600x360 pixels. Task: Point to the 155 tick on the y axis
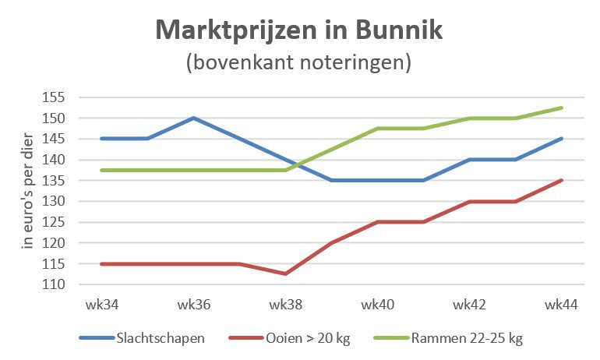point(55,98)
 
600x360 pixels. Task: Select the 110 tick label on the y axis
point(55,284)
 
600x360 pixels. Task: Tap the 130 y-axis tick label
point(55,201)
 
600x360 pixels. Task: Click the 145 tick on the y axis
point(55,139)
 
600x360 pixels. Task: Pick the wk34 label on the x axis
point(101,304)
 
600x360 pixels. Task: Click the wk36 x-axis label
point(193,304)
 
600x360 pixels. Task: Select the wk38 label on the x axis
point(285,304)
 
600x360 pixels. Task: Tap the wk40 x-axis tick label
point(378,304)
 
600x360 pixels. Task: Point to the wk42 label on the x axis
point(470,304)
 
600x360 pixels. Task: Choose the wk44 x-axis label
point(561,304)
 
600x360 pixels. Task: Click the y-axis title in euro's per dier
point(29,192)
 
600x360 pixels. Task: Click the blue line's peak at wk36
point(193,118)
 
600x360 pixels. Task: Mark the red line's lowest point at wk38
point(285,274)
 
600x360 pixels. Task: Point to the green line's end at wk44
point(562,108)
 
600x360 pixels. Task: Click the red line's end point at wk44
point(562,180)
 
